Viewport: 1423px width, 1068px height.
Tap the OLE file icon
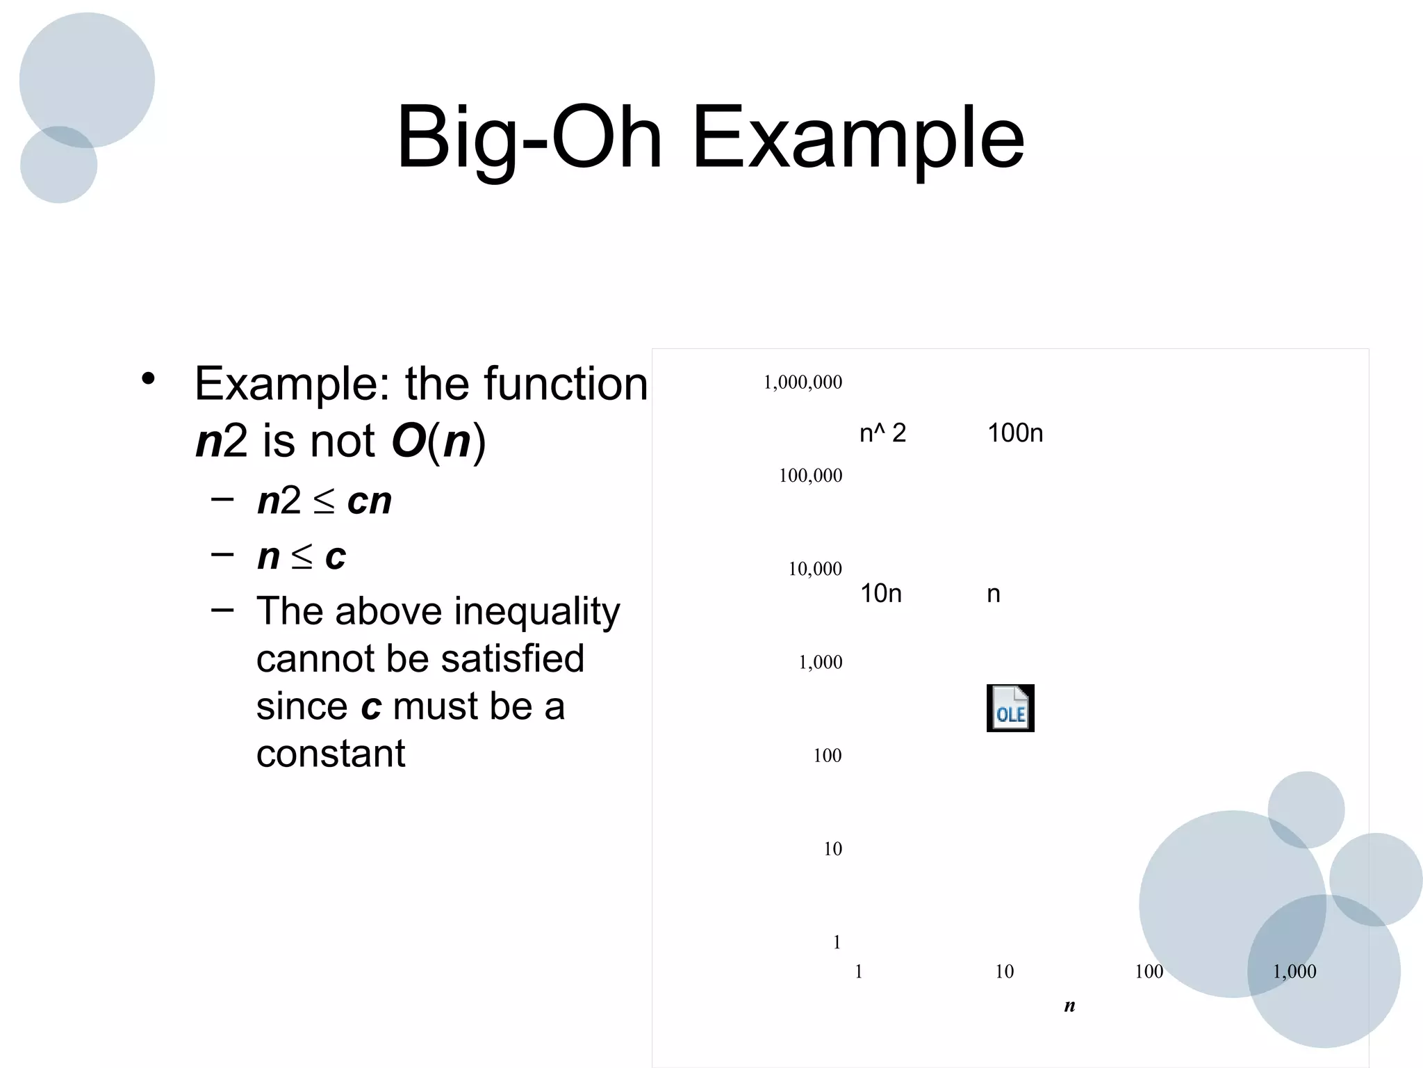click(1010, 709)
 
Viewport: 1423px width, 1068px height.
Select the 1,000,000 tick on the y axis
click(803, 382)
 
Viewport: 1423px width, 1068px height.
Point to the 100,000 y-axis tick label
click(810, 476)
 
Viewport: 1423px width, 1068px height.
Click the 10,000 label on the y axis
click(815, 569)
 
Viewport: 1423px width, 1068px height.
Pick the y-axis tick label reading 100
click(828, 756)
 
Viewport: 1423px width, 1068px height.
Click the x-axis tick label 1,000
click(1294, 972)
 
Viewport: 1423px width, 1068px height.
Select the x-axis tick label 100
click(1149, 972)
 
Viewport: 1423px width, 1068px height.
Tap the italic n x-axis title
click(1069, 1005)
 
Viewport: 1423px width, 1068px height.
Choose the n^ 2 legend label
click(882, 433)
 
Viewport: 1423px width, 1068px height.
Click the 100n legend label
click(1015, 433)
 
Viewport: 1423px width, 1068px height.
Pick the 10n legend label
click(881, 594)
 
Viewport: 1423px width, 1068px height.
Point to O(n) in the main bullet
click(438, 441)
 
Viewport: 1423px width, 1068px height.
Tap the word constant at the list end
click(331, 754)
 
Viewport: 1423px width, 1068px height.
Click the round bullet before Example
click(147, 380)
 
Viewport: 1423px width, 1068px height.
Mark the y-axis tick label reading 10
click(832, 849)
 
